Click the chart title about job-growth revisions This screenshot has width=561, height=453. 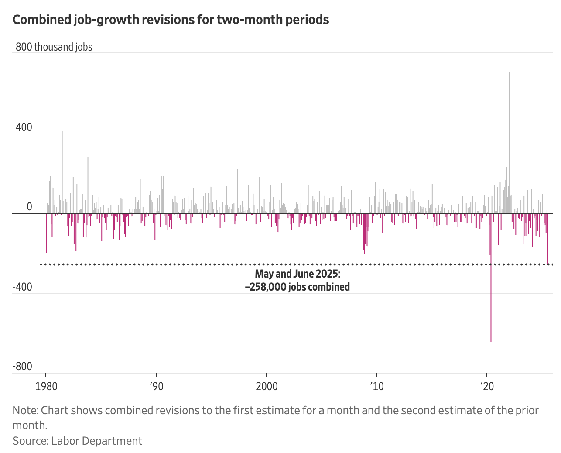click(x=171, y=20)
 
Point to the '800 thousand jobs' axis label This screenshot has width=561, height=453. click(x=54, y=47)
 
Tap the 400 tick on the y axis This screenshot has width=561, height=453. click(x=24, y=127)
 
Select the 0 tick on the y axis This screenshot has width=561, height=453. click(x=29, y=206)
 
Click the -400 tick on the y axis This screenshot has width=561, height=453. click(x=22, y=287)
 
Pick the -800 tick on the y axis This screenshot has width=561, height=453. click(x=22, y=367)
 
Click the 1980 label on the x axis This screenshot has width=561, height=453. click(x=46, y=386)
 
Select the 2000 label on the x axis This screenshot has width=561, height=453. click(x=266, y=386)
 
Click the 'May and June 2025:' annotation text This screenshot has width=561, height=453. click(x=297, y=274)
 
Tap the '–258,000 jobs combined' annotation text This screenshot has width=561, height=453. click(x=297, y=287)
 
